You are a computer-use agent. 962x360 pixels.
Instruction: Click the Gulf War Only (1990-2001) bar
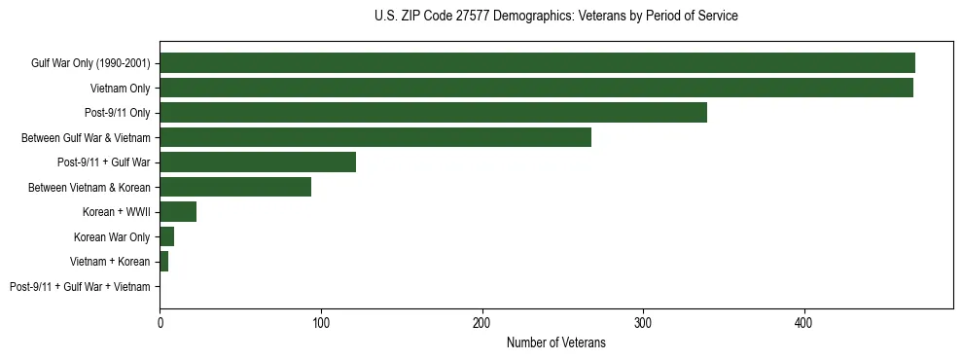(x=537, y=63)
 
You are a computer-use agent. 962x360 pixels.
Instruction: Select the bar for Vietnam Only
(x=536, y=88)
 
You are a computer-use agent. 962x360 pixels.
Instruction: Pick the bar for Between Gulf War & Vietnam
(x=375, y=137)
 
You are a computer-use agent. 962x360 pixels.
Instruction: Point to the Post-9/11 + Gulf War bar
(x=258, y=162)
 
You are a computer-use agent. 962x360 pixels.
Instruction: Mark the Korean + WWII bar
(x=178, y=212)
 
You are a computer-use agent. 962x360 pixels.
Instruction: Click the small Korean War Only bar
(x=167, y=236)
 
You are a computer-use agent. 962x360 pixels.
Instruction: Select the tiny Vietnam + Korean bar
(x=164, y=262)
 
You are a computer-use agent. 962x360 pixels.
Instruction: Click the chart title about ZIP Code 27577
(x=555, y=17)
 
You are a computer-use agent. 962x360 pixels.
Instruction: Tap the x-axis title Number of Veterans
(x=555, y=342)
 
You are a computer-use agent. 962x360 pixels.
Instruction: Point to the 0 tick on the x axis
(x=160, y=322)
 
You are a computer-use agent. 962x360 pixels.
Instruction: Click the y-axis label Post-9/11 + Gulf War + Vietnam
(x=80, y=287)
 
